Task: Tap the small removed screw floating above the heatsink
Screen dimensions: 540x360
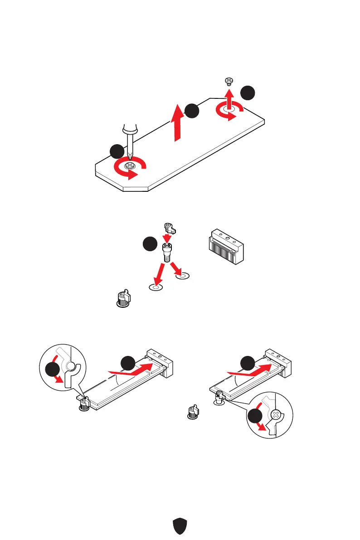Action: [x=229, y=82]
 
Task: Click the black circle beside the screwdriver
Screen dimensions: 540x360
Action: [x=117, y=151]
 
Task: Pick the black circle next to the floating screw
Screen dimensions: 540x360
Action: [x=247, y=93]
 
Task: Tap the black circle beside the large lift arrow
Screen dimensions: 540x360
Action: [x=192, y=112]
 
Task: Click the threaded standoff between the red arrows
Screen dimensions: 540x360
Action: [x=166, y=252]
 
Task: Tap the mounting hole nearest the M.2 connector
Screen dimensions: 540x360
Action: [x=182, y=275]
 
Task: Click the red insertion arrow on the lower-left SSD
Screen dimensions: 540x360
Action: [x=132, y=370]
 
